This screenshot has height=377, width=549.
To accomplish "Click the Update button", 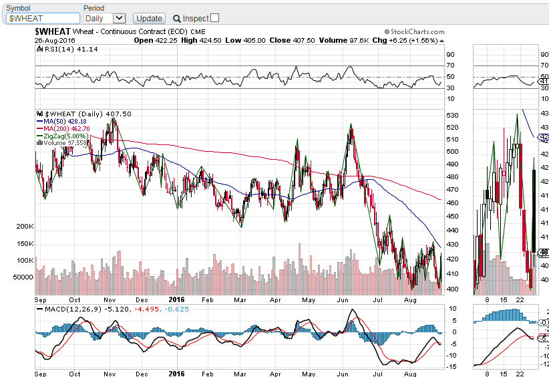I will (x=149, y=19).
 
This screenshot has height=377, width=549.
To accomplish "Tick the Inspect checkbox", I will (x=214, y=18).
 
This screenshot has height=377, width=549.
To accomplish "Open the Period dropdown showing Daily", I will (x=105, y=19).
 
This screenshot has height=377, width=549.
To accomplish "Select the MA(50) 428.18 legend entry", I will (x=64, y=121).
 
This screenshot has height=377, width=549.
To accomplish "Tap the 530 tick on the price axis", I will (x=452, y=116).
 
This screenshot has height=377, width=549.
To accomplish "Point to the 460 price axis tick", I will (x=452, y=203).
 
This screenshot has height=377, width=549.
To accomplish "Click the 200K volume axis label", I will (x=25, y=227).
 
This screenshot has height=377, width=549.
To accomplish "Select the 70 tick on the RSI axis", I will (x=451, y=66).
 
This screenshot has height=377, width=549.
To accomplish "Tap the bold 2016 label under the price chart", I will (x=176, y=300).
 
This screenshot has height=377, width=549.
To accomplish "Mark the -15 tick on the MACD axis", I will (x=451, y=366).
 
